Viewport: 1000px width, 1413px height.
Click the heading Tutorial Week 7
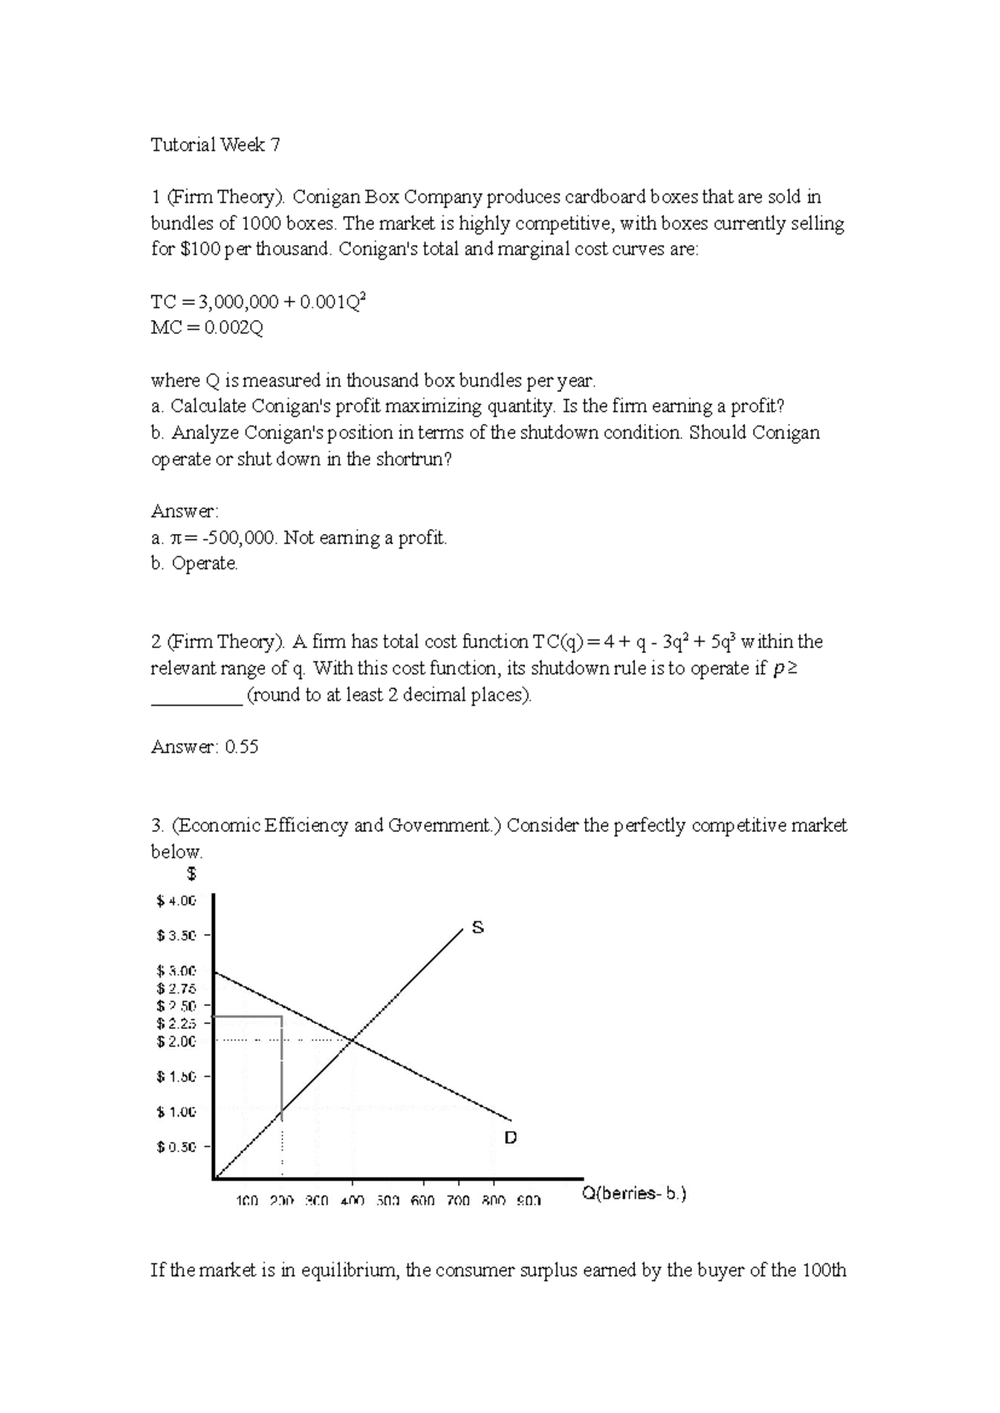click(x=215, y=145)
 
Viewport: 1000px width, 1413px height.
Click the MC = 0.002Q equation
click(x=207, y=328)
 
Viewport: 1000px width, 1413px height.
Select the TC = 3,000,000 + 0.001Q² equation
click(x=257, y=302)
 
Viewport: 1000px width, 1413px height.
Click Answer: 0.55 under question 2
click(x=204, y=747)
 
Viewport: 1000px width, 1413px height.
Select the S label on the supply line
click(x=477, y=927)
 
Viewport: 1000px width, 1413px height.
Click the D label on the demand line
click(x=510, y=1137)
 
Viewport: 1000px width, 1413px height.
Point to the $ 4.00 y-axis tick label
click(x=176, y=901)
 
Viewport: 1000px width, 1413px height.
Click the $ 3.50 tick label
click(x=176, y=936)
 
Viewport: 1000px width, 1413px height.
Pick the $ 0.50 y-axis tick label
click(x=176, y=1147)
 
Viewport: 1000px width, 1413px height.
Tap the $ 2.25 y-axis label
click(x=176, y=1023)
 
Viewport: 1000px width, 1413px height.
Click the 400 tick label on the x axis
click(x=352, y=1201)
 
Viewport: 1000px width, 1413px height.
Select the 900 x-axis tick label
click(x=527, y=1201)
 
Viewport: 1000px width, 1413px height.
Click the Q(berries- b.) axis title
click(x=633, y=1194)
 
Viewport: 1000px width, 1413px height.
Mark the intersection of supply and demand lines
click(x=352, y=1040)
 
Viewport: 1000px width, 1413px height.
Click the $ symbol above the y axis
click(x=192, y=874)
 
